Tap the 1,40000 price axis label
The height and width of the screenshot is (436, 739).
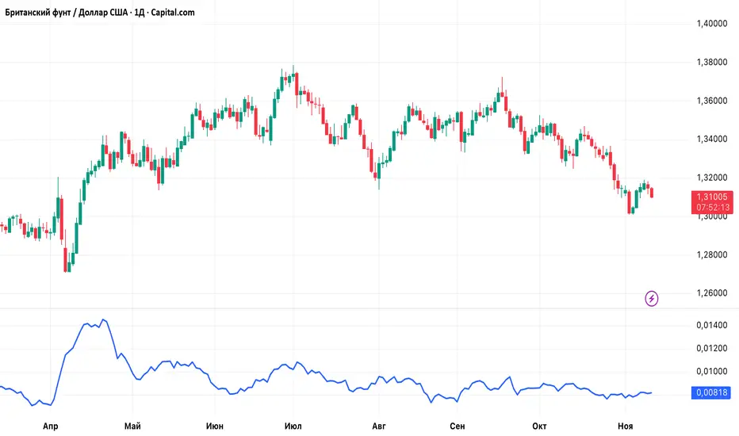pos(712,24)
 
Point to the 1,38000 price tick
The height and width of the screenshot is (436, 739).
pos(712,63)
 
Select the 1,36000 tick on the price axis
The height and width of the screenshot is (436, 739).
pos(712,101)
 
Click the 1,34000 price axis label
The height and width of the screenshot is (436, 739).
pos(712,140)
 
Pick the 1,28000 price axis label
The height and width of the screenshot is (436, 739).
pos(712,255)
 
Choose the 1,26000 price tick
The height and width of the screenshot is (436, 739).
pos(712,293)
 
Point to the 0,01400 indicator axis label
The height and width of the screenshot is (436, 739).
pos(712,326)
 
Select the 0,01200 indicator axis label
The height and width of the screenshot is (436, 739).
pos(712,349)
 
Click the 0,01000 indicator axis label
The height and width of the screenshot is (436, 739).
pos(712,371)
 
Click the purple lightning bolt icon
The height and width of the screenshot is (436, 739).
pos(652,298)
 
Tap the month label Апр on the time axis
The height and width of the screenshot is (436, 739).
pos(52,426)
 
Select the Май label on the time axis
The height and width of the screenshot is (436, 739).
pos(132,426)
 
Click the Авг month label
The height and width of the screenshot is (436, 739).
pos(378,426)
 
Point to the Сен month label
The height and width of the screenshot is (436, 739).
pos(457,426)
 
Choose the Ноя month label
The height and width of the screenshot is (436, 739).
pos(626,426)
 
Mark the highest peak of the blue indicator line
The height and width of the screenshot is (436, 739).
pos(104,319)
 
